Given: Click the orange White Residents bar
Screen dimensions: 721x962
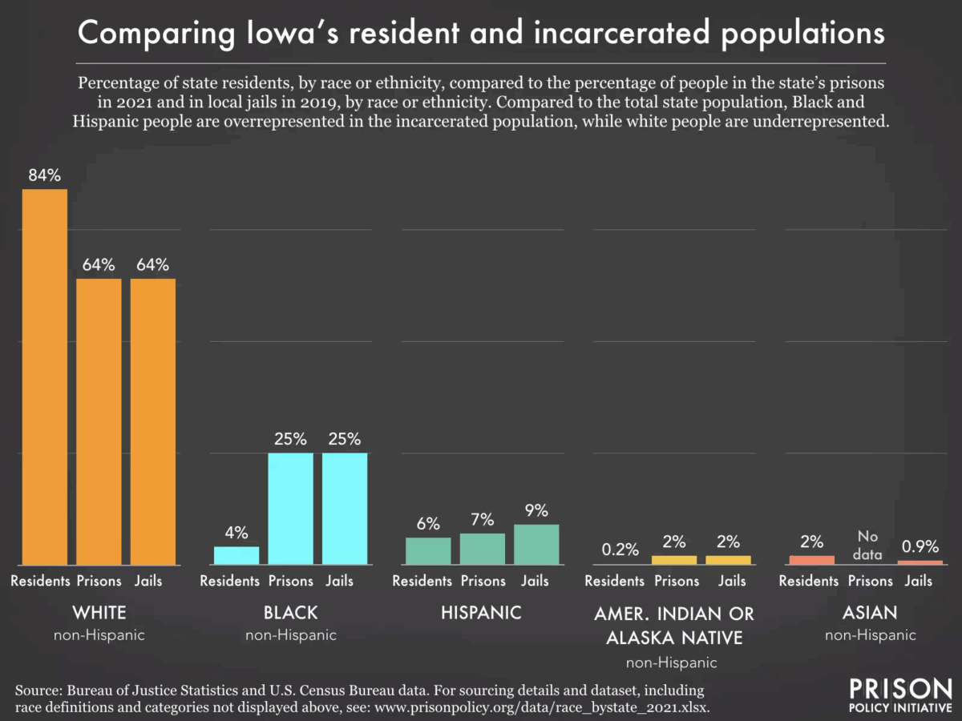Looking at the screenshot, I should pyautogui.click(x=45, y=377).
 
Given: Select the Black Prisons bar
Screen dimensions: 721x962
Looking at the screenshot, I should pyautogui.click(x=290, y=509).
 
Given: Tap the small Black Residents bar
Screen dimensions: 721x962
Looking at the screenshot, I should pyautogui.click(x=236, y=555).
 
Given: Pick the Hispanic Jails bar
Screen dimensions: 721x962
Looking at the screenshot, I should pyautogui.click(x=536, y=544).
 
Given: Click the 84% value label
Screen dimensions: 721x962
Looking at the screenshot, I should pyautogui.click(x=45, y=175).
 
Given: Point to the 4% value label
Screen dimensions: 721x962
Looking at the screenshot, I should pyautogui.click(x=236, y=533).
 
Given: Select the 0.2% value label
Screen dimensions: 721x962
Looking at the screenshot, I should pyautogui.click(x=620, y=550).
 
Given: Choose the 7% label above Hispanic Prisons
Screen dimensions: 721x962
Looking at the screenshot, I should pyautogui.click(x=482, y=519).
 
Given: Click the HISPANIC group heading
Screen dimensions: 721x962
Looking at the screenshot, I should pyautogui.click(x=481, y=613).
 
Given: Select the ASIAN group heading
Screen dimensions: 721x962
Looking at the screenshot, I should pyautogui.click(x=869, y=613).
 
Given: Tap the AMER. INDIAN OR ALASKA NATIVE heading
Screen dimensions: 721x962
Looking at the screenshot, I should pyautogui.click(x=674, y=626).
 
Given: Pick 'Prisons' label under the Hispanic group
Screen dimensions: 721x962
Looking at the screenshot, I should pyautogui.click(x=482, y=581).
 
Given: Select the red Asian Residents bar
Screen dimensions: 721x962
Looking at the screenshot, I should pyautogui.click(x=811, y=559).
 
